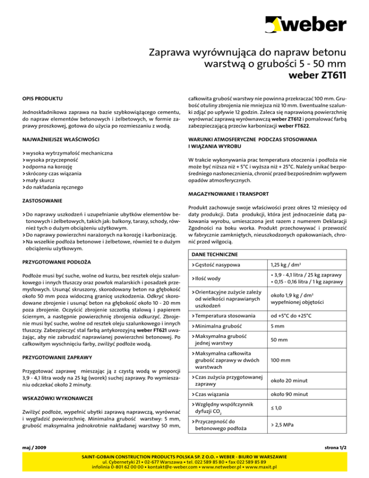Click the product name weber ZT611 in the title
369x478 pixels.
click(x=317, y=75)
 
